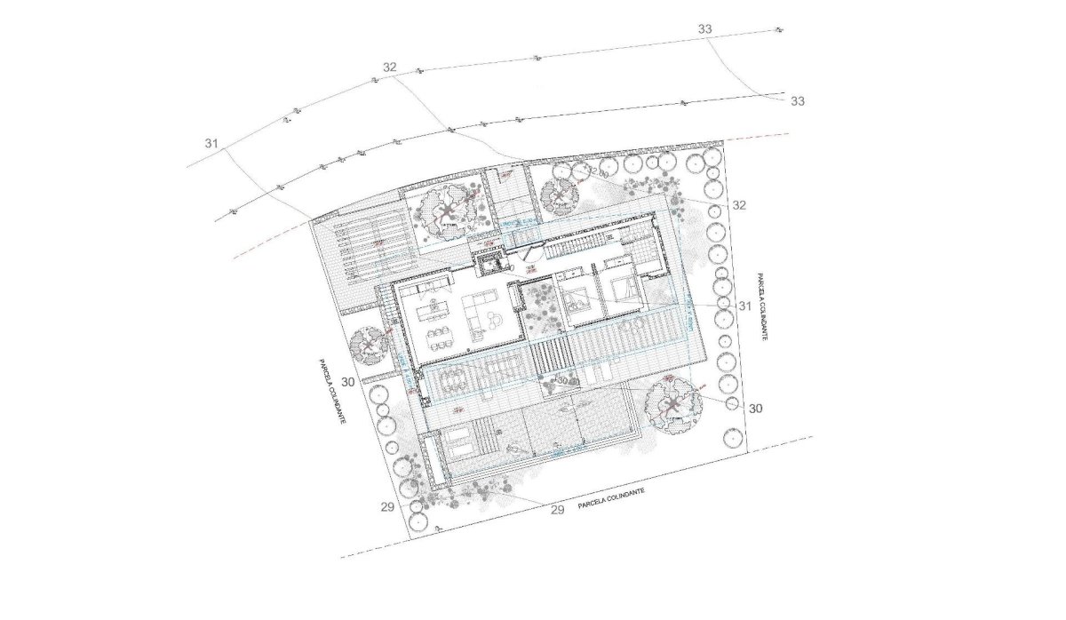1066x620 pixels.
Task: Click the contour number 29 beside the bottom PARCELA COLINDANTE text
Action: point(558,510)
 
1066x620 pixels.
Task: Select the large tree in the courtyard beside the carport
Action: point(446,211)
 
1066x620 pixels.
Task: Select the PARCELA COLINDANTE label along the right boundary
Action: point(761,307)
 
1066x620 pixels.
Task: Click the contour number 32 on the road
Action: point(389,68)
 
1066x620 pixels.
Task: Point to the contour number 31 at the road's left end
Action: point(211,143)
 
